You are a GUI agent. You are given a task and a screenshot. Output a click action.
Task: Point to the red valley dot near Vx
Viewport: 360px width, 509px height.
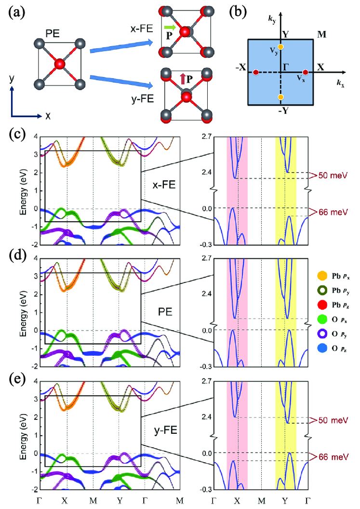coord(305,72)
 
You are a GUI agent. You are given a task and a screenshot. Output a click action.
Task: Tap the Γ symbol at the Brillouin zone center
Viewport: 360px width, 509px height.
coord(286,67)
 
